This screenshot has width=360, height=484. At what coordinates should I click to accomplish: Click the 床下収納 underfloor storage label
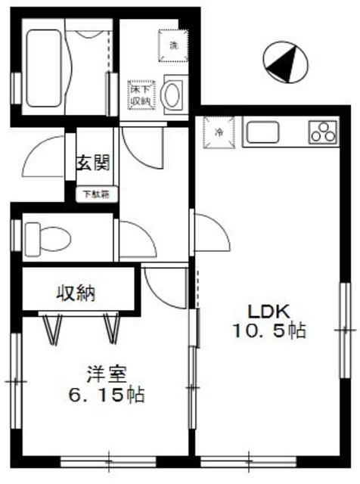pos(139,95)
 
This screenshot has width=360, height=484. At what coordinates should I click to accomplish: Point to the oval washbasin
pos(173,96)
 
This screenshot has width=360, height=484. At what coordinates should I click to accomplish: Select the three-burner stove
pos(323,132)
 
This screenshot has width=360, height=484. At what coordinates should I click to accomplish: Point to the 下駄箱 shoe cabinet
pos(95,194)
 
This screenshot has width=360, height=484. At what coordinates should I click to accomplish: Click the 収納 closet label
pos(76,291)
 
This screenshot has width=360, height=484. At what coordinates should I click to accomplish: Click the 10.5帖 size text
pos(270,331)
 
